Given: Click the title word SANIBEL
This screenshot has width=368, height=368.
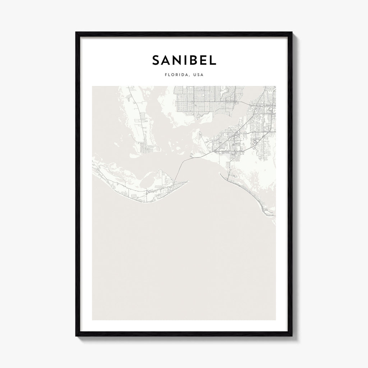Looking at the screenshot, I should [x=184, y=60].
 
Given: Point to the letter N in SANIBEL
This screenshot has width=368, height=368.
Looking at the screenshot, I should [x=176, y=60].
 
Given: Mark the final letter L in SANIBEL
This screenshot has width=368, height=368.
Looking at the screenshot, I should [x=213, y=60].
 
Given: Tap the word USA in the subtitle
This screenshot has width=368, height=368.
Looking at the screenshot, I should [x=198, y=75].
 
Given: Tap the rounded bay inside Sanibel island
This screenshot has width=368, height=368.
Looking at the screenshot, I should [x=151, y=180].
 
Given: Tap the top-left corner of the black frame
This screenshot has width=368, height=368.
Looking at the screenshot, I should [x=76, y=32].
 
